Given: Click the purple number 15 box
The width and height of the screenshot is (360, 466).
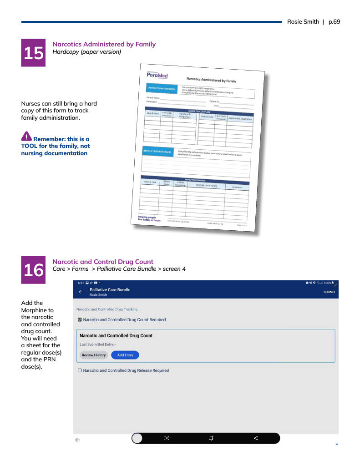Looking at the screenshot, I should coord(33,53).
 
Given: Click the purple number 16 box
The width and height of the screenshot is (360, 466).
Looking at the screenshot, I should coord(33,270).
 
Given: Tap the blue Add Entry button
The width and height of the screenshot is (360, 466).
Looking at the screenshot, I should coord(125,355).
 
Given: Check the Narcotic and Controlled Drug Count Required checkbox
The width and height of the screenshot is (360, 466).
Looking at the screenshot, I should coord(80,320).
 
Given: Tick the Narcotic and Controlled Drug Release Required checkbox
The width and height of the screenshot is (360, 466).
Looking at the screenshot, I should coord(80,370).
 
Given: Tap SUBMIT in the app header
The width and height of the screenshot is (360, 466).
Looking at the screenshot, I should coord(329,292).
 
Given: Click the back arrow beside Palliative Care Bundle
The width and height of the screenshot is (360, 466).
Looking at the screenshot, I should coord(81,292).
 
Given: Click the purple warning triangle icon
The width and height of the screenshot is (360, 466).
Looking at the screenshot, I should coord(26,136).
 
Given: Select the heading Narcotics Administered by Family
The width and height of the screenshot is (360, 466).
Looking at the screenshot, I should coord(104,44).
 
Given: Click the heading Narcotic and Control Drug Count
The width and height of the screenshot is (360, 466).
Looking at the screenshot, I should coord(103,262).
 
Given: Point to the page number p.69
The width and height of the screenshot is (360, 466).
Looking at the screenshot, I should coord(334,22).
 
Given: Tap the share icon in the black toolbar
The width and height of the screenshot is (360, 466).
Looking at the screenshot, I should coord(256,438).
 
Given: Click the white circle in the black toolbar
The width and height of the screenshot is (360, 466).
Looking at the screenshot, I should coord(137,438).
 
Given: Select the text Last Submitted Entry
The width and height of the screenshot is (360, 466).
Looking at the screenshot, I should coord(97,344).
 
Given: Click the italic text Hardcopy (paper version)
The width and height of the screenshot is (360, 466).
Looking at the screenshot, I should coord(87,52).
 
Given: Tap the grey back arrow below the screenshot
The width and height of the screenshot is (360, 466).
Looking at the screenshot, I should coord(78,440).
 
